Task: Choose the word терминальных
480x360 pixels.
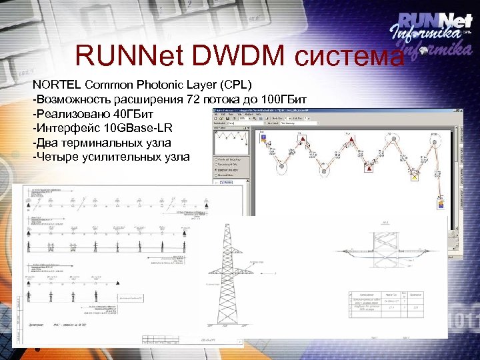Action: (100, 143)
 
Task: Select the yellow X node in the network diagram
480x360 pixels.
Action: (414, 177)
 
